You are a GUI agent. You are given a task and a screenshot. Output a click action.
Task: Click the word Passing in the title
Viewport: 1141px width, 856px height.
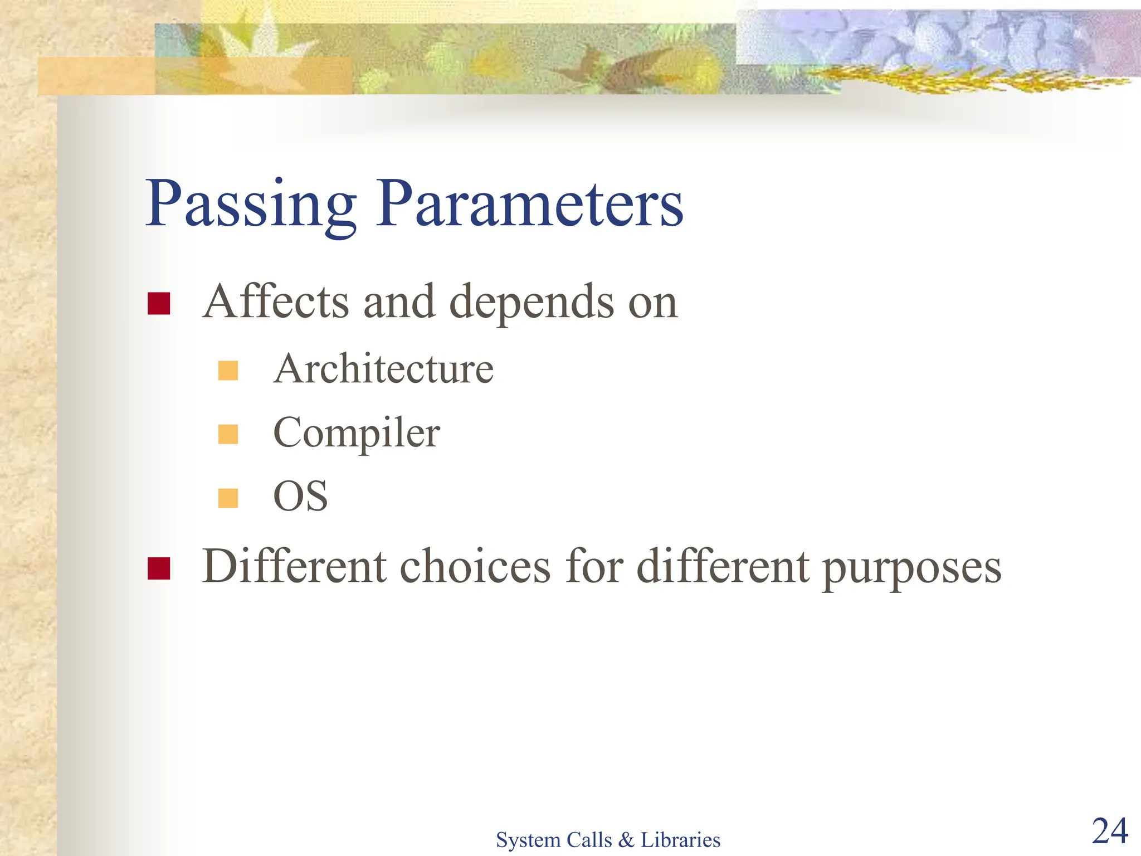tap(251, 205)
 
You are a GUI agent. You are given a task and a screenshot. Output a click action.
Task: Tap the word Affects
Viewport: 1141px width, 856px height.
tap(276, 302)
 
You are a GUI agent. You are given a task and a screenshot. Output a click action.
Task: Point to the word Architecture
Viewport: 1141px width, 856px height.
tap(383, 369)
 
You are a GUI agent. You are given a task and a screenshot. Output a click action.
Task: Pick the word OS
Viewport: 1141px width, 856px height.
tap(300, 496)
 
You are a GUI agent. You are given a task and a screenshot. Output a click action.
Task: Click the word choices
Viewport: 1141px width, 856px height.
tap(475, 567)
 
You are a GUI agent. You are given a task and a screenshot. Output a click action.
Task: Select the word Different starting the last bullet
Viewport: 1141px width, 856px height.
tap(294, 567)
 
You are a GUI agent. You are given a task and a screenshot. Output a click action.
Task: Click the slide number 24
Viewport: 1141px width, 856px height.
tap(1110, 831)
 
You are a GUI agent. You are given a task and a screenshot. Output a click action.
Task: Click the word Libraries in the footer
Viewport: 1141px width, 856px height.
tap(680, 840)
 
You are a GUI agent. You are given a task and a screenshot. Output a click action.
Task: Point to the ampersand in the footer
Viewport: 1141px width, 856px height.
tap(626, 840)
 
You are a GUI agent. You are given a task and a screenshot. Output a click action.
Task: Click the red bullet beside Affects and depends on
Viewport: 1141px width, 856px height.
tap(159, 304)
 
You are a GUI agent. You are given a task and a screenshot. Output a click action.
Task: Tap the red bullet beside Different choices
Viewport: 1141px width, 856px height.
tap(159, 568)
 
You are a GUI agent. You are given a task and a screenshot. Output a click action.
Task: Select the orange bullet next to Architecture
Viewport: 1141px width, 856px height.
tap(228, 371)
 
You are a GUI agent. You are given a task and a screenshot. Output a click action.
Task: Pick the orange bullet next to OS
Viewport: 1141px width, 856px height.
tap(228, 498)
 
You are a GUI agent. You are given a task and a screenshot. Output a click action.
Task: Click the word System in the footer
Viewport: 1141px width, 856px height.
tap(528, 840)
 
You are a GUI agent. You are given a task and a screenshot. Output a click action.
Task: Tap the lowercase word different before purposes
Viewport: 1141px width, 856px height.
tap(723, 567)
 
